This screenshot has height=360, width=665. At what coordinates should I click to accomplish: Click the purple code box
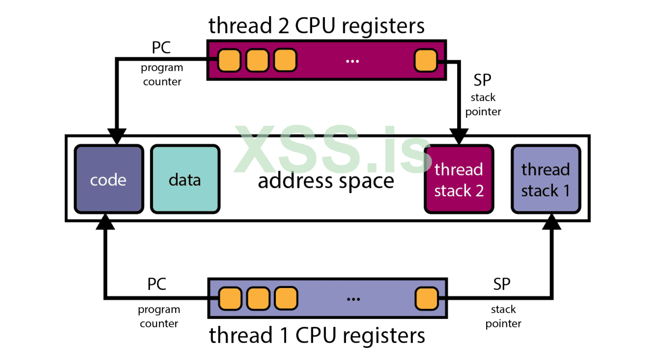(x=109, y=179)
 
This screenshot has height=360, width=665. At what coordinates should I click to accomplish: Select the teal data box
(x=185, y=179)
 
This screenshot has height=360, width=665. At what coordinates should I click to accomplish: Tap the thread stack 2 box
(x=459, y=179)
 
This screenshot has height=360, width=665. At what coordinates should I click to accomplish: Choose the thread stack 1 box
(x=546, y=179)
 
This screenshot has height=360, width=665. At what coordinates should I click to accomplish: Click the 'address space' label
(x=326, y=181)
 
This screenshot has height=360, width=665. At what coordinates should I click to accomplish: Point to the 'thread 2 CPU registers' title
(x=316, y=26)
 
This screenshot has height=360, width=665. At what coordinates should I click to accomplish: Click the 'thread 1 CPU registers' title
(x=317, y=335)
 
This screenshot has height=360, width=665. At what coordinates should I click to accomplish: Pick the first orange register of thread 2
(x=229, y=60)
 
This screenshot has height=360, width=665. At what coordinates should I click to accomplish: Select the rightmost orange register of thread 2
(x=426, y=60)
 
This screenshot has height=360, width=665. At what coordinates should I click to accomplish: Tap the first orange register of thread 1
(x=230, y=298)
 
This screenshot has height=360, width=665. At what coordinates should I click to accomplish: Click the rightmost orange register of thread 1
(x=427, y=298)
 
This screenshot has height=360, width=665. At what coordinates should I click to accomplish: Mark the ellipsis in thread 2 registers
(x=353, y=61)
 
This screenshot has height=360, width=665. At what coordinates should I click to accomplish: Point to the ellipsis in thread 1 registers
(x=353, y=299)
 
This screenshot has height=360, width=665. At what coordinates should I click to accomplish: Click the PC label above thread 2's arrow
(x=161, y=48)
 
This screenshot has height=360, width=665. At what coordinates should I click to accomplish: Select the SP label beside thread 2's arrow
(x=482, y=80)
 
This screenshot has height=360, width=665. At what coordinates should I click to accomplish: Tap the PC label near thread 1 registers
(x=157, y=284)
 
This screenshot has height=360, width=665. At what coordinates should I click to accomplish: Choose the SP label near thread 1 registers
(x=502, y=284)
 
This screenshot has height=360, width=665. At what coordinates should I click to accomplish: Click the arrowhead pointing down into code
(x=117, y=136)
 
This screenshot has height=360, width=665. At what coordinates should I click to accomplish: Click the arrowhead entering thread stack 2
(x=459, y=136)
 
